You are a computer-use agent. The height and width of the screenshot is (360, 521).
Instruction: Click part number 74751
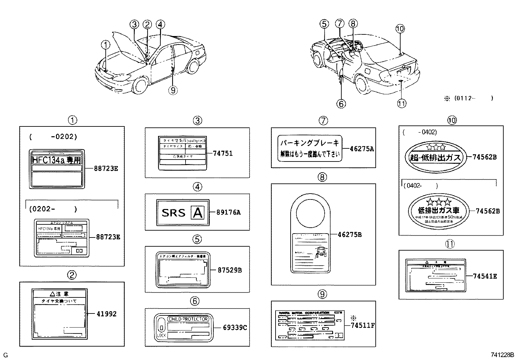pos(223,153)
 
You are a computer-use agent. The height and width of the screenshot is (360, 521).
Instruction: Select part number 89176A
pos(228,212)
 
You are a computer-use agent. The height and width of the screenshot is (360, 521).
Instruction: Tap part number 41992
pos(106,314)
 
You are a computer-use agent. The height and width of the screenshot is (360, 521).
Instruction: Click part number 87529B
pos(230,270)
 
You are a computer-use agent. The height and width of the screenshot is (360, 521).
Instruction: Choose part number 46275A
pos(362,149)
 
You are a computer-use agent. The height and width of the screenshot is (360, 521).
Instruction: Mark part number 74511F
pos(363,325)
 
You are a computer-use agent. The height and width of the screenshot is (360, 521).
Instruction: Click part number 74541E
pos(485,276)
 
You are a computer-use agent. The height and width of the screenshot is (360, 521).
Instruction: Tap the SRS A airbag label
pos(182,213)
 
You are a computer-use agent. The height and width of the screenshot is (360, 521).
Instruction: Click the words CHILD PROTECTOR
pos(188,319)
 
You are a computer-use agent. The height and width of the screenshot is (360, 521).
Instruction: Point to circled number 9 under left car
pos(173,89)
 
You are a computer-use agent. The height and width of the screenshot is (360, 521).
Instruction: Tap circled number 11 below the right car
pos(402,104)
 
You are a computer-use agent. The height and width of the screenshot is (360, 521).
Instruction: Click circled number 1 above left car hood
pos(106,44)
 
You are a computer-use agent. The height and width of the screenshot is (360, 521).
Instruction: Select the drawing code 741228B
pos(502,355)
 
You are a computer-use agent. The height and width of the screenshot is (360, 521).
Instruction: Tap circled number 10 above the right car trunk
pos(400,29)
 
